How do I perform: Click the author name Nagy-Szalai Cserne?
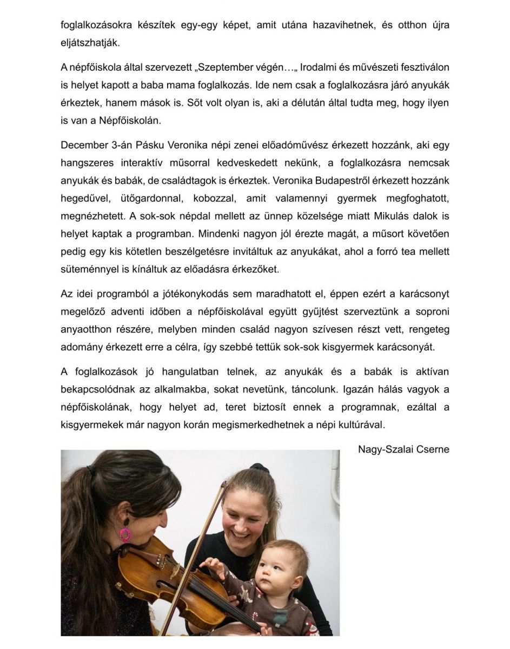[403, 449]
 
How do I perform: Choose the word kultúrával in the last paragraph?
[362, 425]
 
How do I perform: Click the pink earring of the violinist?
[125, 533]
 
